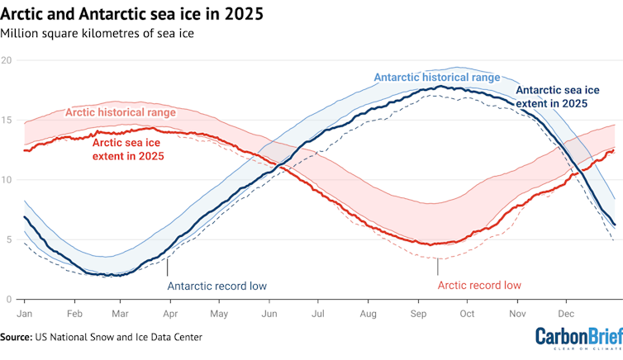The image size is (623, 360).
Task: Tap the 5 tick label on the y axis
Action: (x=7, y=240)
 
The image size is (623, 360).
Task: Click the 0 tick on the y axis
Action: (x=7, y=300)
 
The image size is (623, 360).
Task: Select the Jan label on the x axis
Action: (x=24, y=315)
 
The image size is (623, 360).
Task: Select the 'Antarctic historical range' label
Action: (x=437, y=77)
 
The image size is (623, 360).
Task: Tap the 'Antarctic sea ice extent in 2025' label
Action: (x=551, y=97)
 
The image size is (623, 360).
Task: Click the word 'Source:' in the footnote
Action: (x=16, y=337)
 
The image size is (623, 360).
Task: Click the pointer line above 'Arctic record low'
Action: (x=438, y=268)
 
